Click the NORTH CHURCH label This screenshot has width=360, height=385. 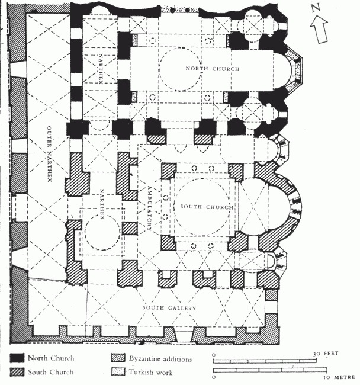[213, 69]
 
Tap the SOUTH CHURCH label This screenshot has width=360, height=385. [207, 207]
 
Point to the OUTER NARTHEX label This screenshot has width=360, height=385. [49, 154]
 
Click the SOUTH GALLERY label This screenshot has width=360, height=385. [169, 307]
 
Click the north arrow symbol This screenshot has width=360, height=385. [319, 29]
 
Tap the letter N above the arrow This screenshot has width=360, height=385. [316, 8]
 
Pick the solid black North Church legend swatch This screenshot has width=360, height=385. [17, 358]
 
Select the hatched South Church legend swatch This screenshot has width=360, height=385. [17, 372]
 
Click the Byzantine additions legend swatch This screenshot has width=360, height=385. [118, 358]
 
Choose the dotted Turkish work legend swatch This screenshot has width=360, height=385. [118, 372]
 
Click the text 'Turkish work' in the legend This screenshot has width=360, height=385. [150, 372]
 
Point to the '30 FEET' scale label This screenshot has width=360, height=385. [326, 354]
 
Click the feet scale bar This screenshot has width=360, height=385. [265, 361]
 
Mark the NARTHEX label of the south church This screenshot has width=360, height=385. [102, 204]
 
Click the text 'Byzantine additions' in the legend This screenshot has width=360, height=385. [160, 359]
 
